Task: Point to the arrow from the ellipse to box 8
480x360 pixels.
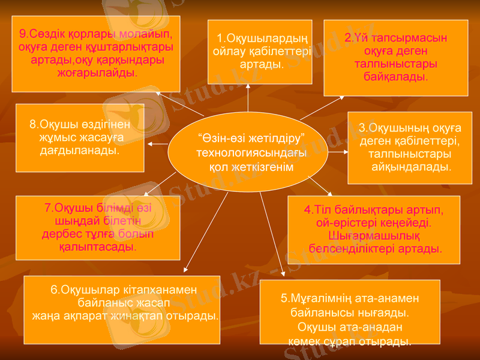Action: pos(157,145)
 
